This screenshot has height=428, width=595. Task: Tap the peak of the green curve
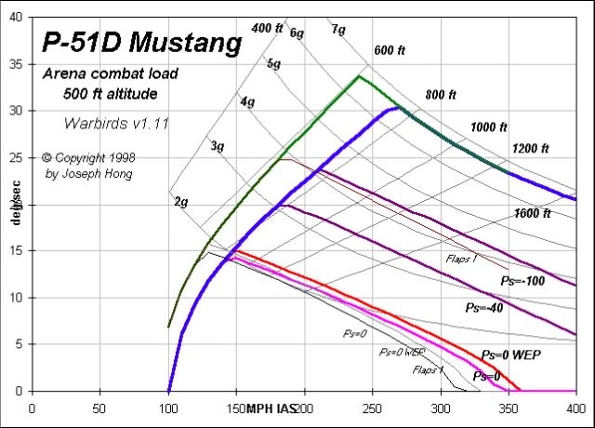pos(359,76)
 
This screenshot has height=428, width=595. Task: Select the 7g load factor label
pos(338,30)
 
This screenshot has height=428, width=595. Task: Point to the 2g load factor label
pos(182,200)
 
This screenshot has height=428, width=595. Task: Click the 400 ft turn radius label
pos(267,28)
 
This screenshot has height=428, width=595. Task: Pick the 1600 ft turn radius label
pos(532,214)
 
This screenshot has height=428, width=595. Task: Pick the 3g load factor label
pos(218,147)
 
